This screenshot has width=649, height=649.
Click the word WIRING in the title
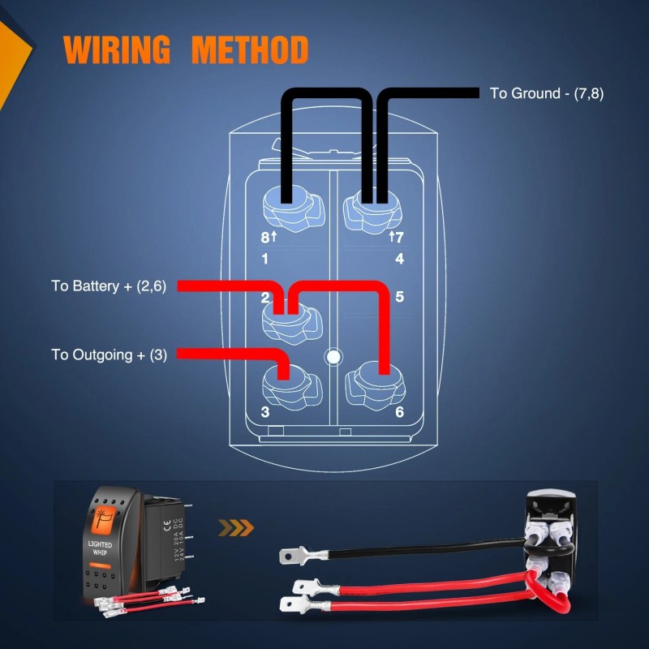[117, 50]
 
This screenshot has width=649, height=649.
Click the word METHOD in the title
[250, 50]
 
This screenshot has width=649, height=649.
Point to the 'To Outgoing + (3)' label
[110, 355]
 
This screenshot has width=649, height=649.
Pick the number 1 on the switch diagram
[265, 260]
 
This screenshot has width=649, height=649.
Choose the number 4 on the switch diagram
[399, 260]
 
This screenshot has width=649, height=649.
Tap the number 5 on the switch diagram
[399, 296]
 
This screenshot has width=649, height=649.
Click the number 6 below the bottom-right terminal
[399, 411]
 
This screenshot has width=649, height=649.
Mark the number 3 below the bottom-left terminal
[265, 411]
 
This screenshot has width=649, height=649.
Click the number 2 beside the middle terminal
[265, 298]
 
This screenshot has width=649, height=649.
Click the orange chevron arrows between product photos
[237, 529]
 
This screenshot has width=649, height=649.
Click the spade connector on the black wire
[291, 557]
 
